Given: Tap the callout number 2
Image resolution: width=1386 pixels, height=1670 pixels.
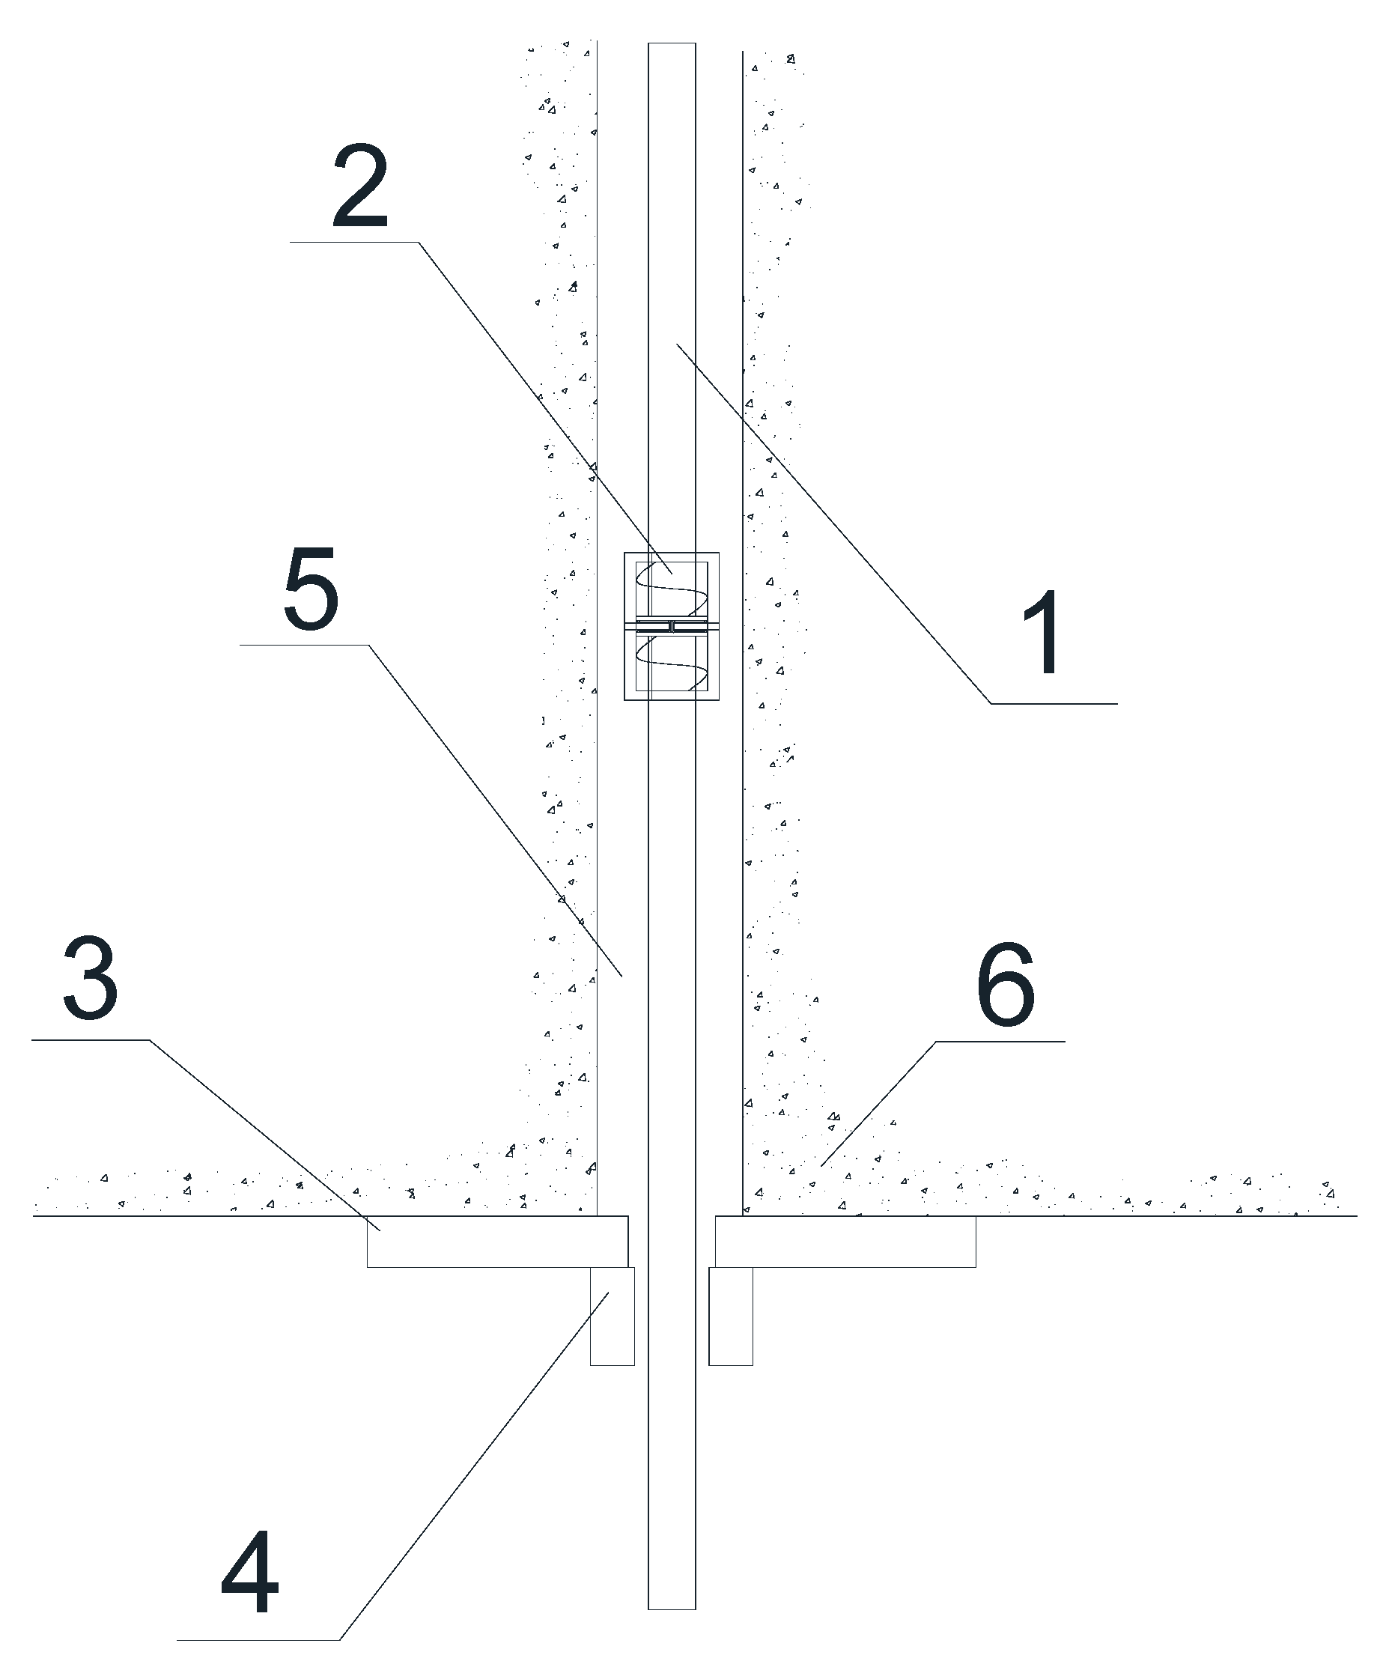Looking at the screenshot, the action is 361,187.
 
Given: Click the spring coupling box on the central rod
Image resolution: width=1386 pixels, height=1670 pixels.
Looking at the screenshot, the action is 672,627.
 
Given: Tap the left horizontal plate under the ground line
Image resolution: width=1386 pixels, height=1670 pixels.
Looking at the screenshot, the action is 498,1242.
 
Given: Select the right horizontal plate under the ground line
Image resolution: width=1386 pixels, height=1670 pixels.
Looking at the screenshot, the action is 845,1242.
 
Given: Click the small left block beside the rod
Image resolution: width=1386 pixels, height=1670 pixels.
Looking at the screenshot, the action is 613,1316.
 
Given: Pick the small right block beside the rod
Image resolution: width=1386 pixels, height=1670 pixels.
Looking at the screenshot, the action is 731,1316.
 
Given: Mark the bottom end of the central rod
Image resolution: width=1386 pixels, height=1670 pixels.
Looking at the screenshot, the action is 672,1609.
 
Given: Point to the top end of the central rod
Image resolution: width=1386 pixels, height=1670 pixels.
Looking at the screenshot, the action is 672,43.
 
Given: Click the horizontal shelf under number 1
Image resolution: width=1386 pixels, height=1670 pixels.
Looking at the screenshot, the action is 1054,703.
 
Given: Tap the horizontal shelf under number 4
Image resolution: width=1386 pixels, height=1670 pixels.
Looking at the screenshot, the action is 258,1640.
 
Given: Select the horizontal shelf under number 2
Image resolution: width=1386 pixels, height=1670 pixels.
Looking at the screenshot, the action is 354,242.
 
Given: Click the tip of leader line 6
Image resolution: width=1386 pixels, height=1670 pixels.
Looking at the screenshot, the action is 821,1167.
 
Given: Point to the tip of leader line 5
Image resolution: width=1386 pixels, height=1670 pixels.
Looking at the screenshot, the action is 621,976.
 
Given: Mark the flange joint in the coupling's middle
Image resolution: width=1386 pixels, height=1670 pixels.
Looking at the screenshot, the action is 672,627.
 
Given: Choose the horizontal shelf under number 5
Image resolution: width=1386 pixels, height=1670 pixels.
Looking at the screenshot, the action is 305,645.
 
